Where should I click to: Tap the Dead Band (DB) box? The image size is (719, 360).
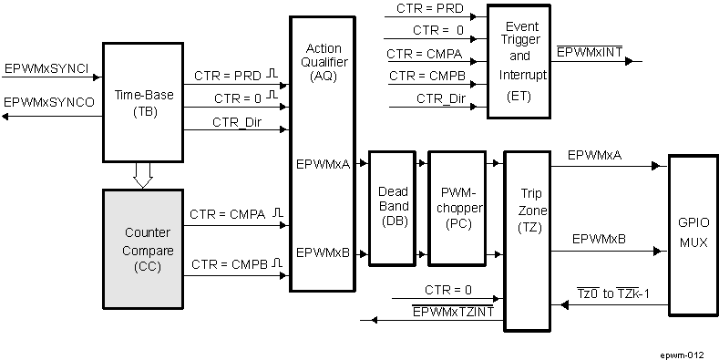point(394,207)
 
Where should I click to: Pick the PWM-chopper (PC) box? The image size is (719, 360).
point(457,207)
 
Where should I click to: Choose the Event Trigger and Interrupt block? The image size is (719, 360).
point(519,60)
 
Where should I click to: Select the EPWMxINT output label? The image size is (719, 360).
point(590,52)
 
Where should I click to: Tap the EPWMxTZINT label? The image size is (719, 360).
point(453,312)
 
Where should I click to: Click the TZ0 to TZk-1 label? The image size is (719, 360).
point(620,293)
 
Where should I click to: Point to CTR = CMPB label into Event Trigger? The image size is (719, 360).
point(427,76)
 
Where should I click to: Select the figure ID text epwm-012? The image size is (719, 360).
point(683,350)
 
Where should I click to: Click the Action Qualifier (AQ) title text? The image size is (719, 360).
point(324,62)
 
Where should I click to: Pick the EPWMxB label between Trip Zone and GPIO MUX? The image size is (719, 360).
point(598,239)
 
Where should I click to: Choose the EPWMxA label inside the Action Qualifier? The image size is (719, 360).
point(323,165)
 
